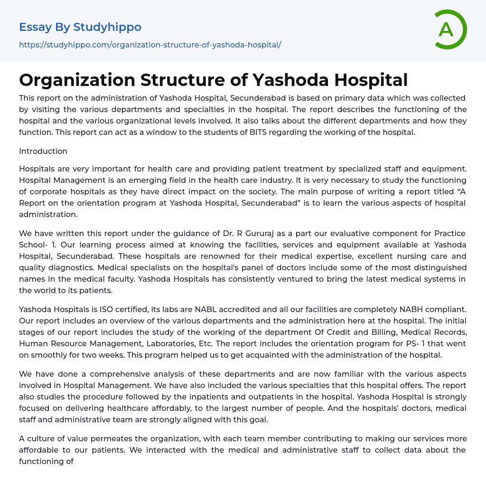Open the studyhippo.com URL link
pos(150,45)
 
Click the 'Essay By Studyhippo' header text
pos(80,27)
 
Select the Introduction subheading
pos(43,151)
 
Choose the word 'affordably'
pos(200,408)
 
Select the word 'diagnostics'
pos(74,267)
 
